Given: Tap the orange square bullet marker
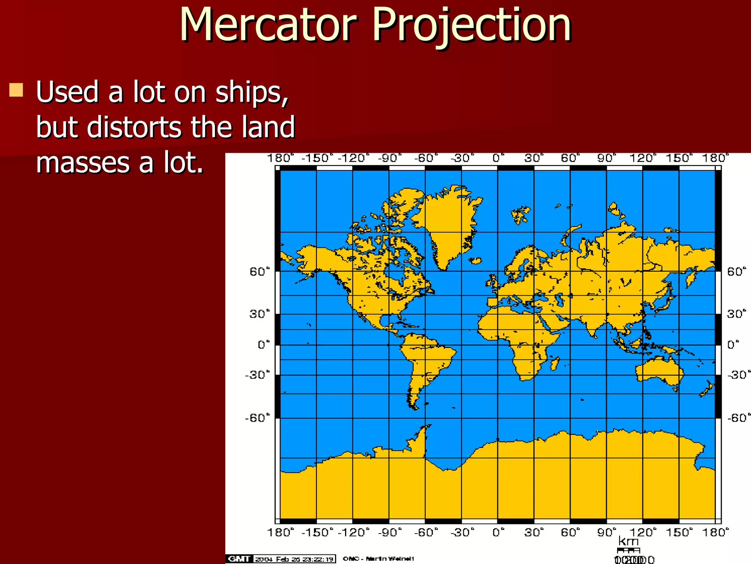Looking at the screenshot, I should point(16,90).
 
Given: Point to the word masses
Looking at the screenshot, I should point(82,162).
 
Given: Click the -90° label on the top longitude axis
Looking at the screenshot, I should point(389,158).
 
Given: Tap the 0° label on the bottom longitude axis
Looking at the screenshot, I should point(498,532).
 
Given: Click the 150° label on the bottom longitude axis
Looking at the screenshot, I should point(679,532).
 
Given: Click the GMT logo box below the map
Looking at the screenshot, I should point(239,559).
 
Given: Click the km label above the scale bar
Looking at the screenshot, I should point(628,541).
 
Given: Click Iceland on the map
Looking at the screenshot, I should point(475,261).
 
